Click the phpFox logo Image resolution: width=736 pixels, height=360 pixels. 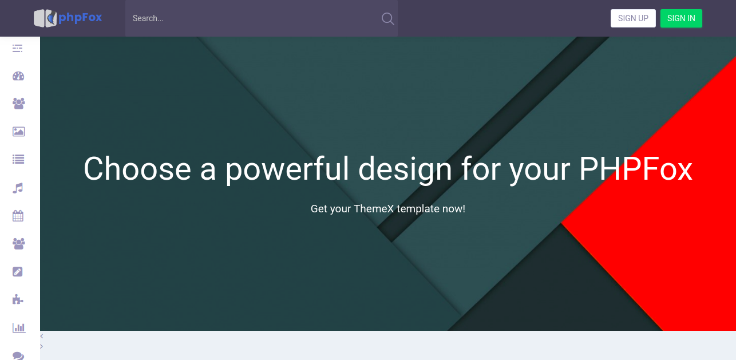68,18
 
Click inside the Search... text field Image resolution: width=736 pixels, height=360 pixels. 252,18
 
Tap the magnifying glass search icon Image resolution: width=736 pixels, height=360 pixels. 387,19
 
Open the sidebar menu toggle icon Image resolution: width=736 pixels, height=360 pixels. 18,49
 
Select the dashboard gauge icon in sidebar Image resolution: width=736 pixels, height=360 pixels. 18,76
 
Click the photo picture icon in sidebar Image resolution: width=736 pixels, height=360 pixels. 18,132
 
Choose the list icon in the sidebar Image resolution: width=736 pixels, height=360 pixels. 18,160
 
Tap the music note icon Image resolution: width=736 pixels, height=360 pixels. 18,188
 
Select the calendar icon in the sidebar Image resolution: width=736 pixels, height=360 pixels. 18,216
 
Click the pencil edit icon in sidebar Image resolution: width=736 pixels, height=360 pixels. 18,271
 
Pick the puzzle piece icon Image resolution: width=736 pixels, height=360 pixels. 18,299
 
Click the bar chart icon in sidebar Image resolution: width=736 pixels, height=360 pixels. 18,327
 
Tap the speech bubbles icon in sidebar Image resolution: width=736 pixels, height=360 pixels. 18,355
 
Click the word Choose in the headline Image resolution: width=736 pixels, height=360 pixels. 137,169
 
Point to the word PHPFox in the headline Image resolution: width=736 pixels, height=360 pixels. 635,169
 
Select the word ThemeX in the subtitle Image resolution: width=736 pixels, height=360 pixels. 374,209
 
